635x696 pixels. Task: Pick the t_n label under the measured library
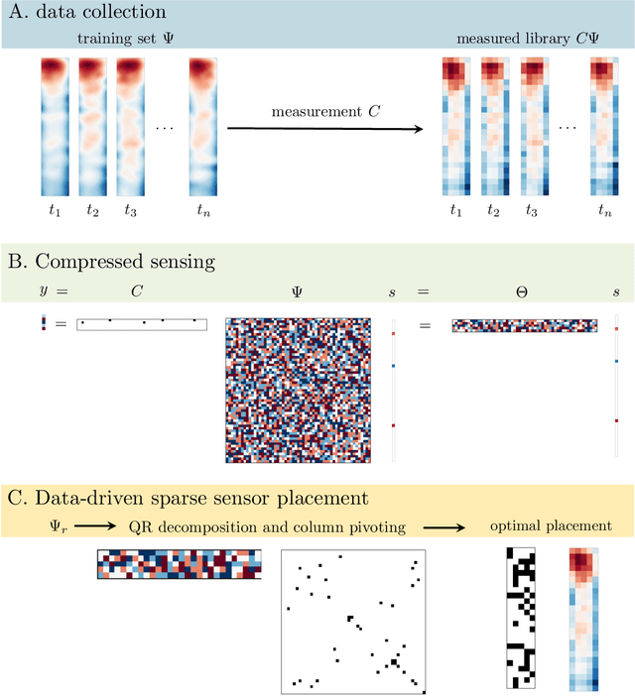point(604,210)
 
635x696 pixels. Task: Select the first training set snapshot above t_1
point(55,126)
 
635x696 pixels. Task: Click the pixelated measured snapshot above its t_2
point(493,126)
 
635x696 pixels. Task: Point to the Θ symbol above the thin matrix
point(525,293)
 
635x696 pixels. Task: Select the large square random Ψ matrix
point(298,390)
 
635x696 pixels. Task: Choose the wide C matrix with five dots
point(141,324)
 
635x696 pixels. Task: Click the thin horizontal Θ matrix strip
point(525,325)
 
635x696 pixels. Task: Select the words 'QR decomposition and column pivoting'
point(268,526)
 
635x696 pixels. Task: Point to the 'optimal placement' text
point(552,526)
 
